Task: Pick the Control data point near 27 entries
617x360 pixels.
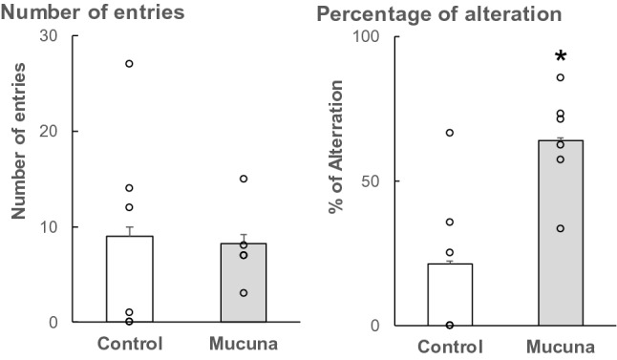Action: [129, 64]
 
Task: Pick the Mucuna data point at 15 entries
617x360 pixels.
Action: [244, 179]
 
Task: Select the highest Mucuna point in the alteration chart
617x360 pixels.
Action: [561, 77]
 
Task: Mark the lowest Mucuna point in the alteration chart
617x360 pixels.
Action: [561, 228]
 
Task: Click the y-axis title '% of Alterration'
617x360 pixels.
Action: [337, 181]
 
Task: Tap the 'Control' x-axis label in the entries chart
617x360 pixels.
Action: [129, 343]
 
